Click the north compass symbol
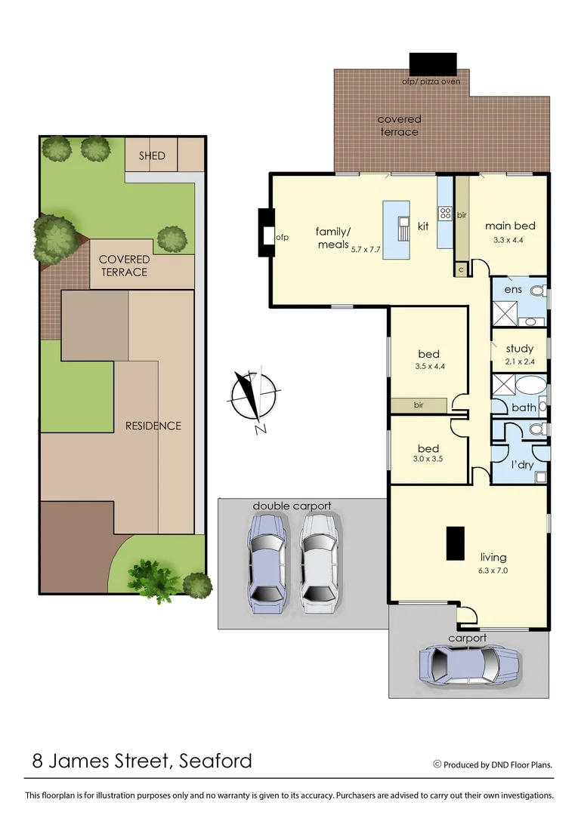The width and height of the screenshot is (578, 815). coord(255,397)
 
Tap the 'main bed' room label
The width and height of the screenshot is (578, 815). coord(510,226)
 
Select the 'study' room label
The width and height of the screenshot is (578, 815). coord(519,349)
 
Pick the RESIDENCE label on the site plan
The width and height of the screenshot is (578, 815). coord(153,426)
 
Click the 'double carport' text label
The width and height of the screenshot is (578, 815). coord(292,506)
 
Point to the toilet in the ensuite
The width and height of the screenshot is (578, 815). coord(538,291)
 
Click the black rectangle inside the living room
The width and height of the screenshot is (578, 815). coord(455,543)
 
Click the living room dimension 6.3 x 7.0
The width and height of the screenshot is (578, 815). coord(493,570)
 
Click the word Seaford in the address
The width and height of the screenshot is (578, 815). coord(215,761)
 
